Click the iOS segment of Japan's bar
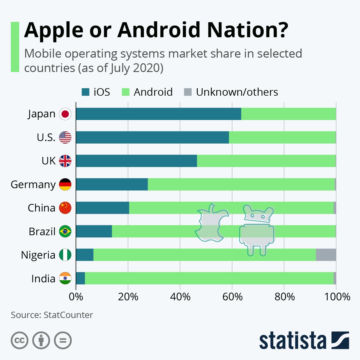pyautogui.click(x=158, y=114)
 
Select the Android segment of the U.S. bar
pyautogui.click(x=282, y=137)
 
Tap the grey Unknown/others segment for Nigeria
pyautogui.click(x=326, y=255)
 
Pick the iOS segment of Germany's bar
pyautogui.click(x=112, y=184)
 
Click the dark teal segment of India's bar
pyautogui.click(x=80, y=278)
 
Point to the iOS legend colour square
pyautogui.click(x=86, y=92)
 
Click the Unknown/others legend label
pyautogui.click(x=237, y=92)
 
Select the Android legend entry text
pyautogui.click(x=153, y=92)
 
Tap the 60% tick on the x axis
pyautogui.click(x=232, y=297)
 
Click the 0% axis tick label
pyautogui.click(x=76, y=297)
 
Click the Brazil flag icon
pyautogui.click(x=65, y=231)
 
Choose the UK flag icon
pyautogui.click(x=65, y=161)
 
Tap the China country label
pyautogui.click(x=41, y=208)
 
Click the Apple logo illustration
pyautogui.click(x=211, y=223)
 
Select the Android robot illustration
pyautogui.click(x=257, y=229)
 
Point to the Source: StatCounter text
pyautogui.click(x=52, y=315)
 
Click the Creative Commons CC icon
pyautogui.click(x=19, y=340)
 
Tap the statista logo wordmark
pyautogui.click(x=292, y=340)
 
